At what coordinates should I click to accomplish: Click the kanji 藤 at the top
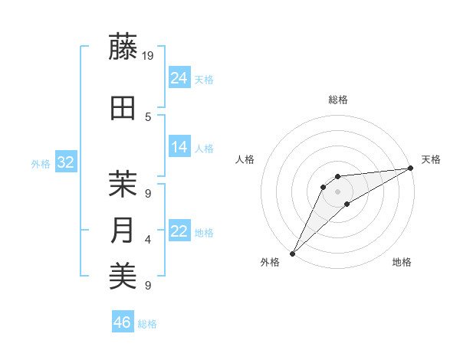pyautogui.click(x=123, y=47)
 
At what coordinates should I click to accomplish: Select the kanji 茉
pyautogui.click(x=123, y=184)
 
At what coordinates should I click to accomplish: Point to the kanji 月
pyautogui.click(x=123, y=231)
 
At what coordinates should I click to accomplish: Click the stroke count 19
pyautogui.click(x=149, y=55)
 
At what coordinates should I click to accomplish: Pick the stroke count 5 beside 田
pyautogui.click(x=148, y=116)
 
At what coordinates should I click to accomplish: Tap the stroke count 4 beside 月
pyautogui.click(x=148, y=239)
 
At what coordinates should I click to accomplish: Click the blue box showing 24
pyautogui.click(x=179, y=77)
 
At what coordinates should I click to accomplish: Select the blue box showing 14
pyautogui.click(x=179, y=147)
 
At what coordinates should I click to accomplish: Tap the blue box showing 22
pyautogui.click(x=179, y=231)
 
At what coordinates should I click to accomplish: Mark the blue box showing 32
pyautogui.click(x=65, y=162)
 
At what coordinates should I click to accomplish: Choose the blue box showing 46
pyautogui.click(x=122, y=322)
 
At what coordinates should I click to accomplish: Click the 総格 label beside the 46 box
pyautogui.click(x=147, y=324)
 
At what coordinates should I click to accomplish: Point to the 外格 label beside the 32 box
pyautogui.click(x=41, y=164)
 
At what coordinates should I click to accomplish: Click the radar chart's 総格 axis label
pyautogui.click(x=337, y=100)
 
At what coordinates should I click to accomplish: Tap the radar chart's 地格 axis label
pyautogui.click(x=402, y=262)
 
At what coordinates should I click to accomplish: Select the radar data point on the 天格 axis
pyautogui.click(x=410, y=168)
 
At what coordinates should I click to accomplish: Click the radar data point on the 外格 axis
pyautogui.click(x=292, y=253)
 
